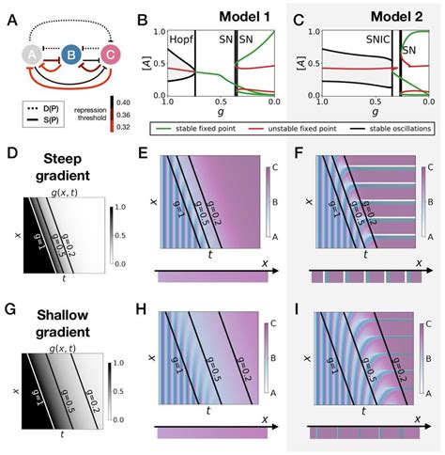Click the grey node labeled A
pyautogui.click(x=25, y=55)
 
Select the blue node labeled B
pyautogui.click(x=69, y=55)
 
